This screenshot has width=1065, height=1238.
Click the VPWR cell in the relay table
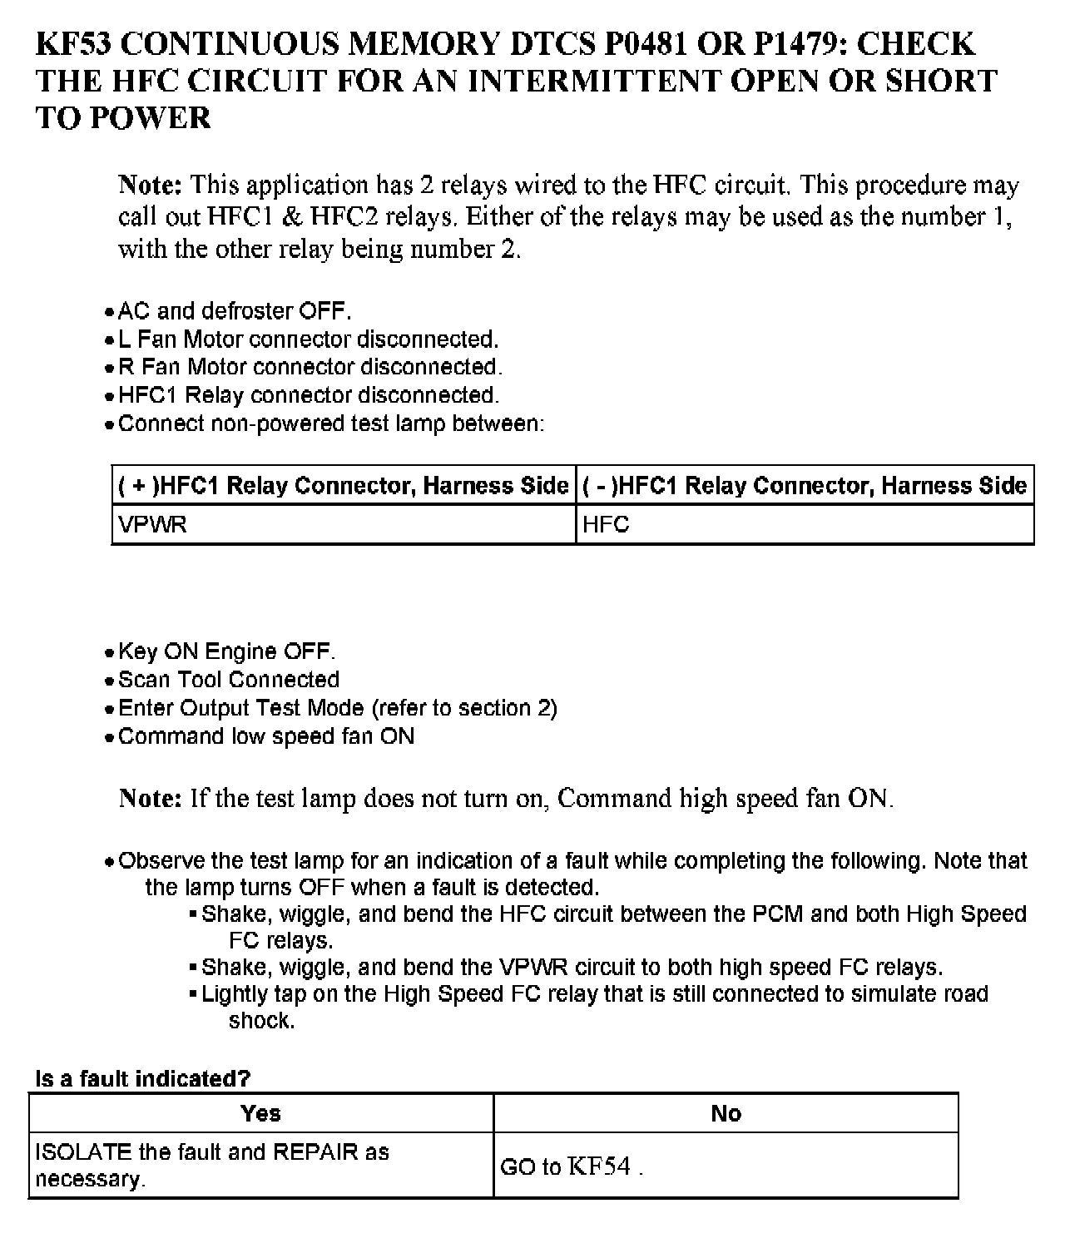[x=153, y=525]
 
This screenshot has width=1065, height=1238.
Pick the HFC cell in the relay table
[x=606, y=525]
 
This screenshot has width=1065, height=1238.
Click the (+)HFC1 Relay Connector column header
[x=344, y=486]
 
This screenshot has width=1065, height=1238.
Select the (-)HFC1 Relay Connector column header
[x=805, y=486]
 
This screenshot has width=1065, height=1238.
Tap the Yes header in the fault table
[x=260, y=1113]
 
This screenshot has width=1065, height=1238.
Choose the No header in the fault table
[x=726, y=1113]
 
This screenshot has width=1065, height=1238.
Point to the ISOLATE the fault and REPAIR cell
[x=212, y=1165]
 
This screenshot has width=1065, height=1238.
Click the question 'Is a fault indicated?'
[x=142, y=1079]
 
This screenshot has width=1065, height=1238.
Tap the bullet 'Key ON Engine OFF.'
[x=227, y=651]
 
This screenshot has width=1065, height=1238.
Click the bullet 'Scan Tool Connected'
[x=229, y=680]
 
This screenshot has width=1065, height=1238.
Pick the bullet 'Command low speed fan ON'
[x=266, y=736]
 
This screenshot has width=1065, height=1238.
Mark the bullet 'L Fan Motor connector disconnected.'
[x=308, y=339]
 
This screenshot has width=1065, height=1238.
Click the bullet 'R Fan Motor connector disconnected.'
[x=310, y=367]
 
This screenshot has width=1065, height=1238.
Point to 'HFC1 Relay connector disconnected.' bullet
[x=309, y=395]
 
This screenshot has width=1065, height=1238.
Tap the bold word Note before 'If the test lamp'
[x=150, y=799]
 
